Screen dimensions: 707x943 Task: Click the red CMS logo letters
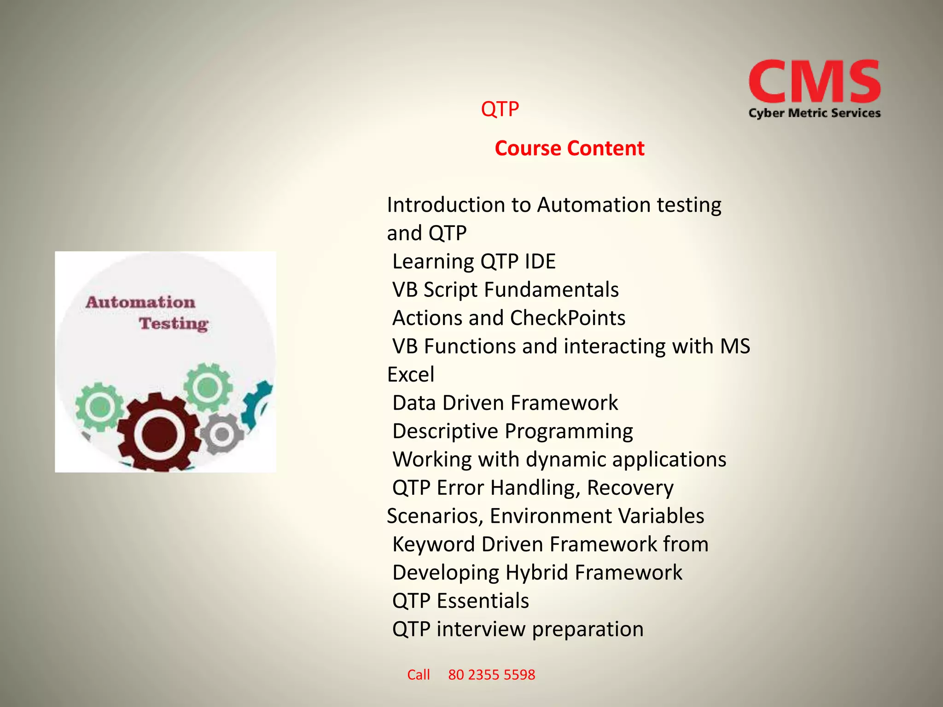[x=814, y=82]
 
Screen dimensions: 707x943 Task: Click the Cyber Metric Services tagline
[x=814, y=113]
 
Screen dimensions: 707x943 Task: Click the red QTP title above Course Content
[x=500, y=110]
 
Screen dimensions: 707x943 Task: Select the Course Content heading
[x=569, y=148]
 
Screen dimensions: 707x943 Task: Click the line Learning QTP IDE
[x=474, y=261]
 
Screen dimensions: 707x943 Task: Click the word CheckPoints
[x=567, y=318]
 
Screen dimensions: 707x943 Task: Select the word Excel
[x=410, y=375]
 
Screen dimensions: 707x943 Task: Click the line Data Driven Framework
[x=505, y=403]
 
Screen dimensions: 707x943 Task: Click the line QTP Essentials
[x=460, y=601]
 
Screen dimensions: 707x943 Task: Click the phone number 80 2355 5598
[x=491, y=675]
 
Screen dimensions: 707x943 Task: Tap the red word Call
[x=418, y=675]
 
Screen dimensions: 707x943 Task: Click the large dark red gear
[x=159, y=433]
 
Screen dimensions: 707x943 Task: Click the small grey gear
[x=222, y=434]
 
